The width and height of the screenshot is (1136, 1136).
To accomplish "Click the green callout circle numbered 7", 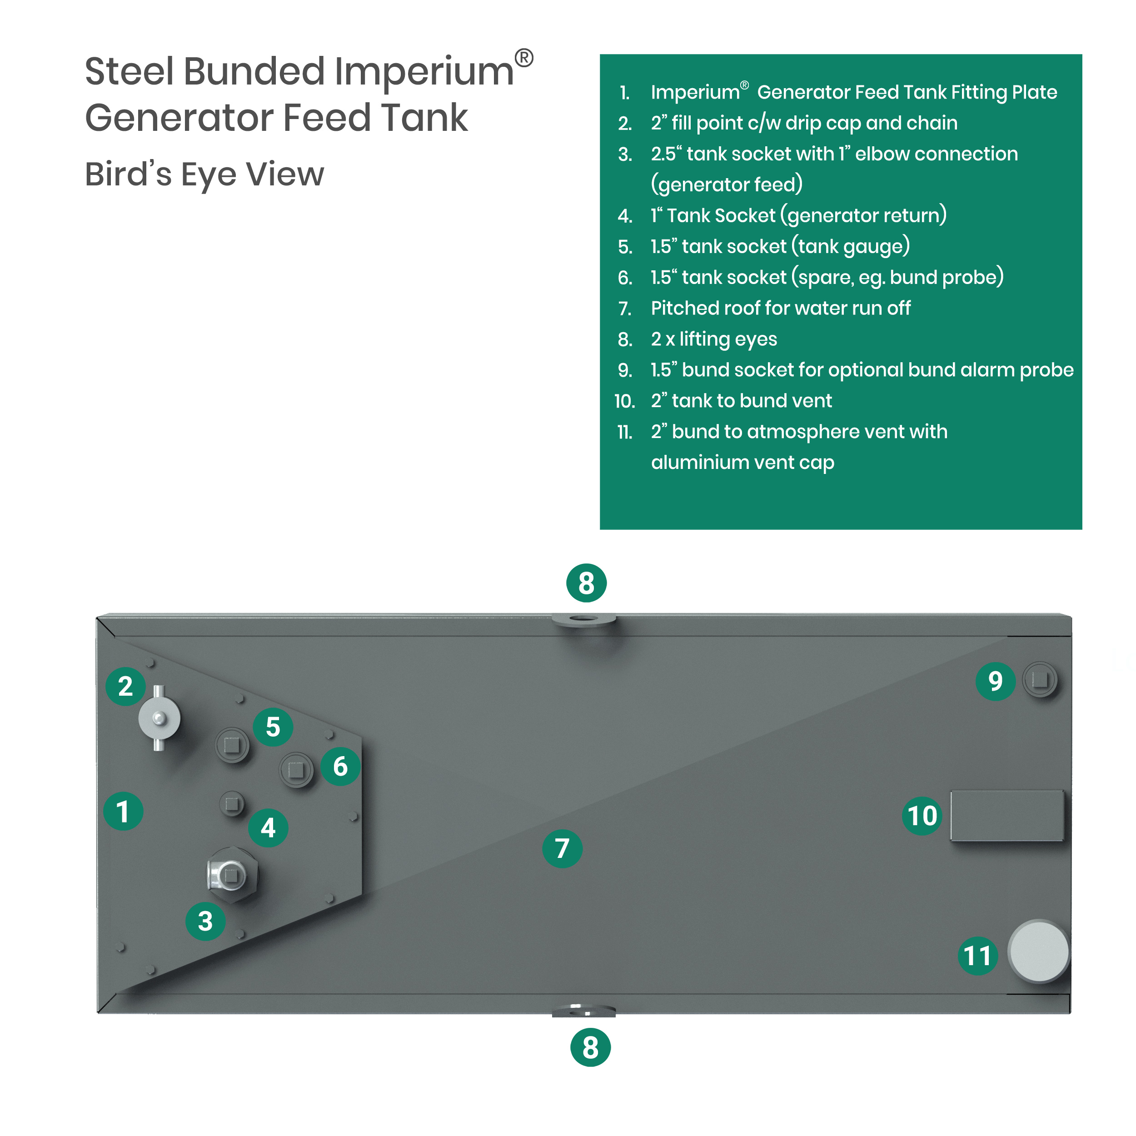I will [562, 848].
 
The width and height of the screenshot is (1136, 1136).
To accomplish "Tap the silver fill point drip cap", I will [159, 718].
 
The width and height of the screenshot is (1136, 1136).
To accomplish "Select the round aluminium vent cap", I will [1038, 952].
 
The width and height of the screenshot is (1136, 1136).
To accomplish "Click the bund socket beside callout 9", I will [1040, 680].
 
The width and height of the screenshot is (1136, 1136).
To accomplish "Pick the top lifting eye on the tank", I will [583, 620].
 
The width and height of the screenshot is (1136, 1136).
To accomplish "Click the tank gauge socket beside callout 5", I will [232, 745].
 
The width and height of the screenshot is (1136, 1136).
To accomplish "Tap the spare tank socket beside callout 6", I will [296, 769].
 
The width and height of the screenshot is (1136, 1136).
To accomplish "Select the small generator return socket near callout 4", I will [232, 803].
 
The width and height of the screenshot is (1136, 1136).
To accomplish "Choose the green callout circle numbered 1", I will [123, 812].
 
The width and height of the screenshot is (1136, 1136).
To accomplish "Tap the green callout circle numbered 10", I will [922, 816].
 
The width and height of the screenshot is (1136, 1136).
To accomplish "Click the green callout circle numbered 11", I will [977, 956].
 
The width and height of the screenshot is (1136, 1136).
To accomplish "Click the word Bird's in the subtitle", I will [128, 174].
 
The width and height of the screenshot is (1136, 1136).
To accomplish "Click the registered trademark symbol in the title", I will [523, 58].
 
